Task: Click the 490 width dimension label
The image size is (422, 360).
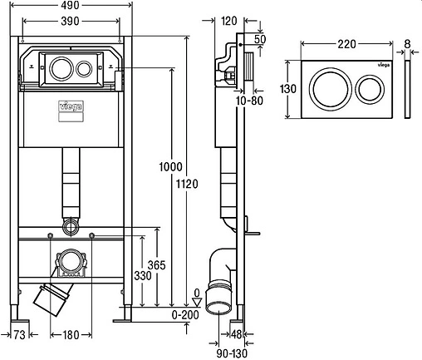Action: pyautogui.click(x=70, y=5)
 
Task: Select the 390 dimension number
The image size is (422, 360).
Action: pyautogui.click(x=70, y=21)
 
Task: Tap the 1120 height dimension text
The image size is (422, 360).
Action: pyautogui.click(x=187, y=184)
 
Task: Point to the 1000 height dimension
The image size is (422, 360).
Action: pyautogui.click(x=170, y=167)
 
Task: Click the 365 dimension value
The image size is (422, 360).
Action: pyautogui.click(x=157, y=265)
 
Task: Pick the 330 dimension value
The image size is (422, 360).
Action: pyautogui.click(x=143, y=276)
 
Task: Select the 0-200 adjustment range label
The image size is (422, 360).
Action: pyautogui.click(x=185, y=315)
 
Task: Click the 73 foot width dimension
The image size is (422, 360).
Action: pyautogui.click(x=19, y=335)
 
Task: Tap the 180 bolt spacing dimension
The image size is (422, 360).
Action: pyautogui.click(x=71, y=335)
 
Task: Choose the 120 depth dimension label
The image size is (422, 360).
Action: pyautogui.click(x=229, y=21)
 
